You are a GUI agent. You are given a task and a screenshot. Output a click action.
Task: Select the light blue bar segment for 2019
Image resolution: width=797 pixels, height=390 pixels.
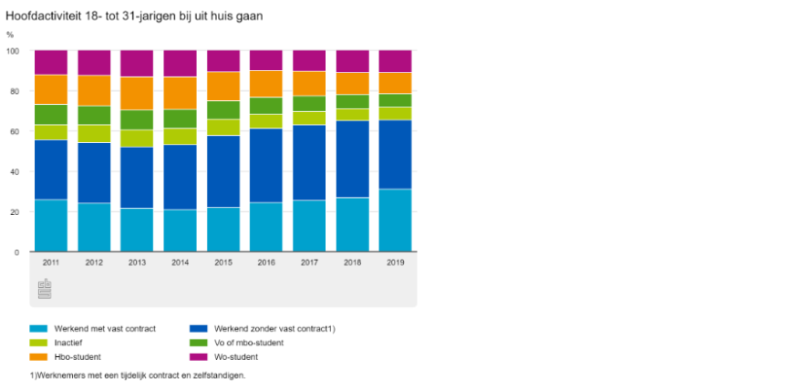[395, 220]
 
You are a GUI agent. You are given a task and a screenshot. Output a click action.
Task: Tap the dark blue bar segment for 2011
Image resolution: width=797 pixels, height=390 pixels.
[51, 169]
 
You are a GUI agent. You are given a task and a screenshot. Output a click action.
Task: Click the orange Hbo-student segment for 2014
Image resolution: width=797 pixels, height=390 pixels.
[180, 93]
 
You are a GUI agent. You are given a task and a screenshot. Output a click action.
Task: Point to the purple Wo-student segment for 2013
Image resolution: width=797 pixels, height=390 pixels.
[137, 63]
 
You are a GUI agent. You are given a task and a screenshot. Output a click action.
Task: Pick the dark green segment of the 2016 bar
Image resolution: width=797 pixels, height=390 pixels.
[265, 105]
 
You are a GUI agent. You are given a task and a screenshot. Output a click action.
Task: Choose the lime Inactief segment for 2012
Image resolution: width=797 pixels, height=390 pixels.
[94, 133]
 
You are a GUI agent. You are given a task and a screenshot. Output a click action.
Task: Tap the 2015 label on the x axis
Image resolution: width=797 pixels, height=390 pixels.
[223, 262]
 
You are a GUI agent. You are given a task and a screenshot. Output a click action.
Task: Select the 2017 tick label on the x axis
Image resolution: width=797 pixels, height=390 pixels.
[309, 262]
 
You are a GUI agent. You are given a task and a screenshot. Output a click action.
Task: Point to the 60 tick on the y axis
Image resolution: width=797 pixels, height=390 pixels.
[15, 131]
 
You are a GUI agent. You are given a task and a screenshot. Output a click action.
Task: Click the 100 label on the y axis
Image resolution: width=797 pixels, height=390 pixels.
[13, 51]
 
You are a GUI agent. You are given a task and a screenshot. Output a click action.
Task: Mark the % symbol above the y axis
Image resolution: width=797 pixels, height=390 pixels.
[10, 35]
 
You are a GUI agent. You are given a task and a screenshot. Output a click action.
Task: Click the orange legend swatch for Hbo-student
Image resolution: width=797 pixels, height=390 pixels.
[38, 357]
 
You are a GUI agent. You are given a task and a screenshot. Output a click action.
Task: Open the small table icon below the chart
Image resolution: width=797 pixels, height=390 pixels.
[45, 289]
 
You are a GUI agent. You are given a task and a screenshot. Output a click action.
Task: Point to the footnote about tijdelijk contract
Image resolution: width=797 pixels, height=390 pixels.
[138, 375]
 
